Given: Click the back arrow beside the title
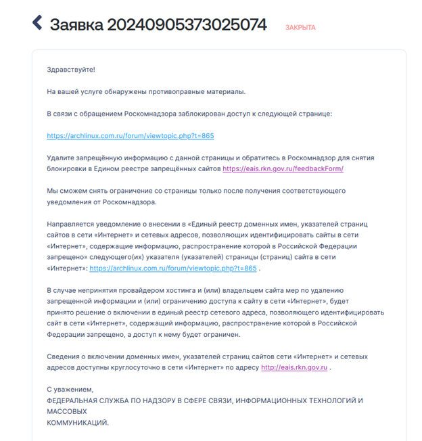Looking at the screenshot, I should coord(37,23).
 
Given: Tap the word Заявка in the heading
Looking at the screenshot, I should coord(76,25).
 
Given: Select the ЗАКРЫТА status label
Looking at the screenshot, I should coord(300,28).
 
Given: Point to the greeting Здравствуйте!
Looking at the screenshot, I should coord(71,70).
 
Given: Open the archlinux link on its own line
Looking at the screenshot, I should coord(131,136).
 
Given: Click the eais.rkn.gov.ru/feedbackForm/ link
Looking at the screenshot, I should coord(283,168).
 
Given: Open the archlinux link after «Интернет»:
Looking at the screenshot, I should coord(173,268).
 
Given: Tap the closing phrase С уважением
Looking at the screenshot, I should coord(70,390).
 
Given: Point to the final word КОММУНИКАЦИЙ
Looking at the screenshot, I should coord(77,422).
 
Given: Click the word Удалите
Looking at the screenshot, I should coord(62,158).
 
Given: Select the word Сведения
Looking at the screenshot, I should coord(65,356).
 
